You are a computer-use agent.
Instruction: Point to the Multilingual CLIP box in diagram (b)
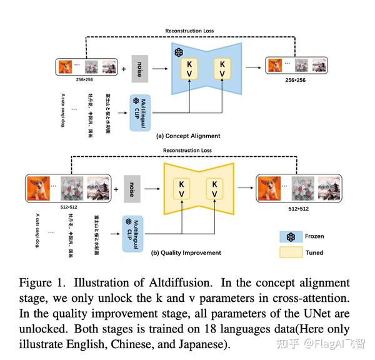click(132, 234)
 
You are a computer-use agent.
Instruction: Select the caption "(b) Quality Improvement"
click(186, 253)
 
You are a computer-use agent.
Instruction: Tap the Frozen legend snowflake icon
click(291, 237)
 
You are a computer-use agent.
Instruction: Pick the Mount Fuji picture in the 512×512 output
click(331, 188)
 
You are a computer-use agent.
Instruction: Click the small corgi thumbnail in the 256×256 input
click(66, 66)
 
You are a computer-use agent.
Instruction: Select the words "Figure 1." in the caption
click(43, 284)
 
